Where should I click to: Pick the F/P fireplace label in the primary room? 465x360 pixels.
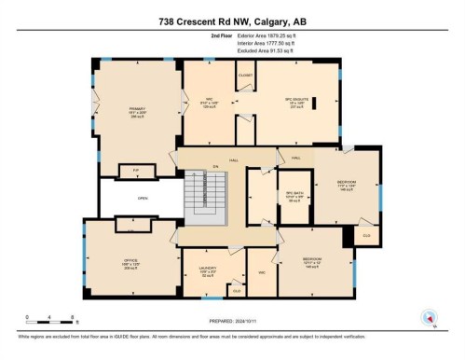click(135, 171)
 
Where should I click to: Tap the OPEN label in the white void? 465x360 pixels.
click(143, 197)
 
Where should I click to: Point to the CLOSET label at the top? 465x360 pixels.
click(245, 75)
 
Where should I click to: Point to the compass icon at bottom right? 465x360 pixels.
click(430, 316)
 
